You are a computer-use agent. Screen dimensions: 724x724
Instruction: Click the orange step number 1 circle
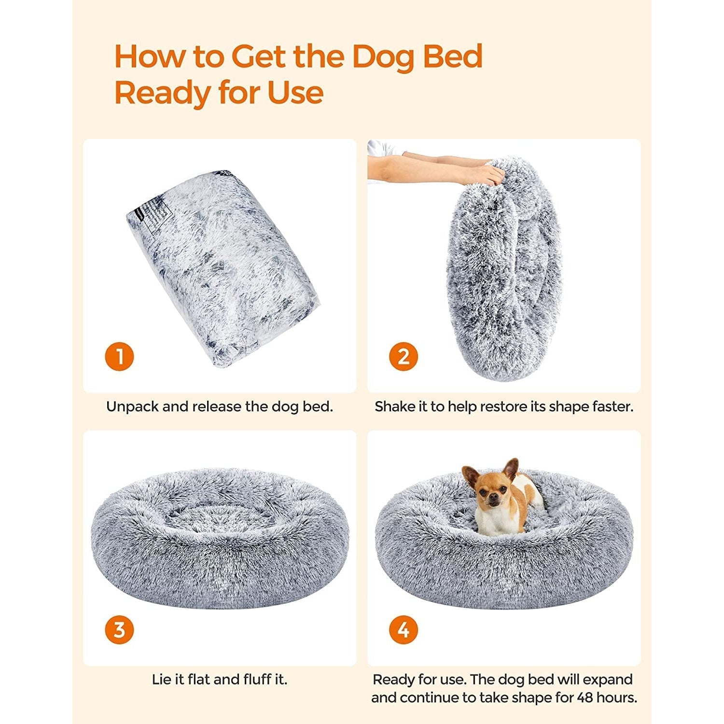pos(119,357)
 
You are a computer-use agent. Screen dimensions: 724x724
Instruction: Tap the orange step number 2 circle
pos(404,357)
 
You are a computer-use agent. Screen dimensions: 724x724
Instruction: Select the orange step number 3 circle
pos(119,629)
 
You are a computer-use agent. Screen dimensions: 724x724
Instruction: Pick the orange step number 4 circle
pos(404,629)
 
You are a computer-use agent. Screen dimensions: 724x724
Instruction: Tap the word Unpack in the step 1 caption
pos(132,406)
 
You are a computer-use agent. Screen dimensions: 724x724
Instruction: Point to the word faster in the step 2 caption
pos(610,406)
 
